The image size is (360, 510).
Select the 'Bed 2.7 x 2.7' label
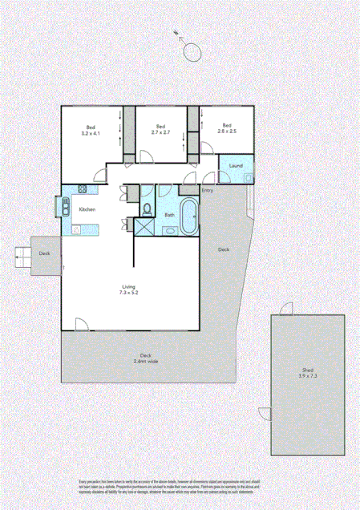pyautogui.click(x=160, y=128)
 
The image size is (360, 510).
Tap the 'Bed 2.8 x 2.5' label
pyautogui.click(x=226, y=128)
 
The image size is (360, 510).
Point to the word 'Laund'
pyautogui.click(x=236, y=166)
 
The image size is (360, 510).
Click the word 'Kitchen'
pyautogui.click(x=87, y=209)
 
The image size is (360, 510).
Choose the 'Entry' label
pyautogui.click(x=208, y=190)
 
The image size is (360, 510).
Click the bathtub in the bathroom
pyautogui.click(x=189, y=217)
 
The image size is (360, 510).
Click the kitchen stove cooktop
pyautogui.click(x=83, y=189)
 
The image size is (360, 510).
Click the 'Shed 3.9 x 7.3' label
pyautogui.click(x=307, y=373)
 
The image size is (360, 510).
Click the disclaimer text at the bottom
pyautogui.click(x=180, y=486)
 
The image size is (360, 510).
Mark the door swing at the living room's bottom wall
pyautogui.click(x=81, y=324)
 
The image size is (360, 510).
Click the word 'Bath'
pyautogui.click(x=169, y=215)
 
